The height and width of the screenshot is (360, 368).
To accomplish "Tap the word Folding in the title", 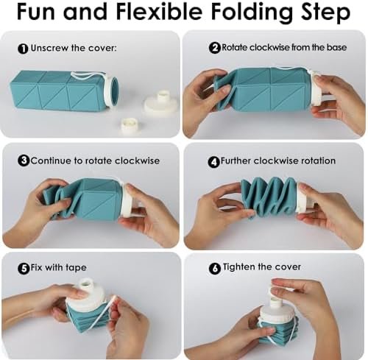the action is [252, 13].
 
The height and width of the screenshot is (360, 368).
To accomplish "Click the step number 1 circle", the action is [23, 49].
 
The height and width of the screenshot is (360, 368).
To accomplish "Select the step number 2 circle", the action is [215, 48].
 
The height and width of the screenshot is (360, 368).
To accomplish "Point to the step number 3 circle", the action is [24, 160].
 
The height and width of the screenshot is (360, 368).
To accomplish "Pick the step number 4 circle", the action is [214, 162].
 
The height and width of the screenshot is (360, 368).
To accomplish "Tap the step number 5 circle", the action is [24, 268].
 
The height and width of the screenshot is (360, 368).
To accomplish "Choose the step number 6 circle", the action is [215, 268].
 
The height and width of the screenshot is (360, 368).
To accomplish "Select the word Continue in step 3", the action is [52, 160].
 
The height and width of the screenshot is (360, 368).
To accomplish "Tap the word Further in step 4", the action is [236, 160].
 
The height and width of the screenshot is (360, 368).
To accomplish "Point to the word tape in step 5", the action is [76, 268].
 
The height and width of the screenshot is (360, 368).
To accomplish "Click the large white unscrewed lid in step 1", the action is [160, 103].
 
